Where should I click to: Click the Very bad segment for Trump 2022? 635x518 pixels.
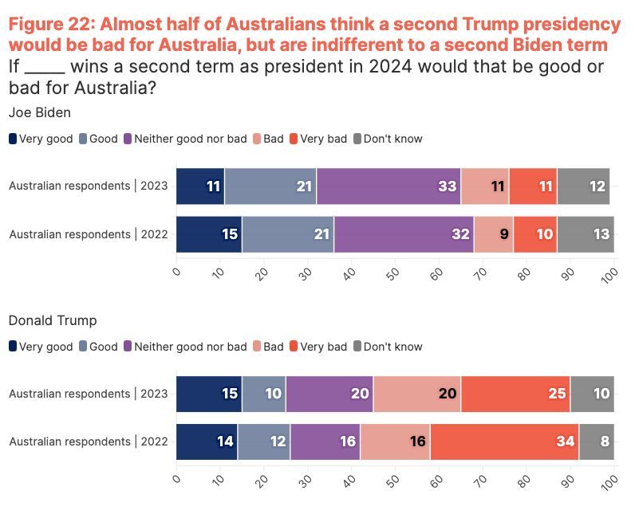click(504, 441)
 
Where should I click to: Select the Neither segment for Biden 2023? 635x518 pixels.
click(388, 186)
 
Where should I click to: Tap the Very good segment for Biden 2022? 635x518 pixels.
click(209, 234)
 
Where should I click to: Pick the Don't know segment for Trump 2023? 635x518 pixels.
click(592, 394)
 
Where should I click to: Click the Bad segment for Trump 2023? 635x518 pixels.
click(416, 394)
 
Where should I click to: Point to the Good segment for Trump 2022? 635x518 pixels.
click(264, 441)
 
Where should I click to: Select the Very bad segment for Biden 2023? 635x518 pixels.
click(533, 186)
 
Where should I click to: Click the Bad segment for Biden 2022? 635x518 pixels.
click(494, 234)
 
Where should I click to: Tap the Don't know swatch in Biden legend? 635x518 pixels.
click(357, 139)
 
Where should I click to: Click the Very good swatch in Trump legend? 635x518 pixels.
click(13, 347)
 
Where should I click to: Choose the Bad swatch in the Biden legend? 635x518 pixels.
click(258, 139)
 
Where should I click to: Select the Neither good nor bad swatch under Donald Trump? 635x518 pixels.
click(128, 347)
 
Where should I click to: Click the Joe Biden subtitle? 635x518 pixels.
click(39, 112)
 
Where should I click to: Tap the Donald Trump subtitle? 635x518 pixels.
click(53, 320)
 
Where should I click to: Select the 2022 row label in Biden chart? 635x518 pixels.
click(89, 234)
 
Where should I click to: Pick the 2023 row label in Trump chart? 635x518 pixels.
click(89, 394)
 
